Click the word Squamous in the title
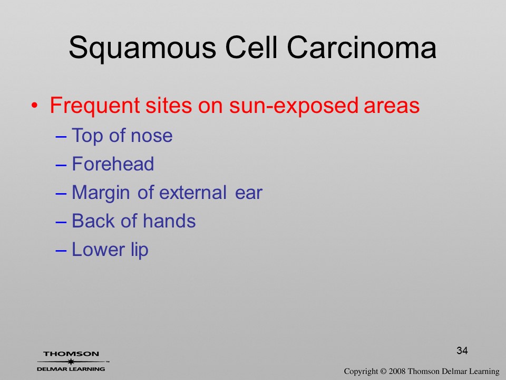142,49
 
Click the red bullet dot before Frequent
35,106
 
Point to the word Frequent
95,106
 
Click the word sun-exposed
294,106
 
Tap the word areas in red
392,106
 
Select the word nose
151,136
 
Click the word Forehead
113,164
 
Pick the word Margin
101,193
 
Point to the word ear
248,193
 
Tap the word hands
169,221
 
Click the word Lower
98,250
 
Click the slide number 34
462,350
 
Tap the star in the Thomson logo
71,362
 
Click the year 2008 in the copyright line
397,371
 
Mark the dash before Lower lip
61,250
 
